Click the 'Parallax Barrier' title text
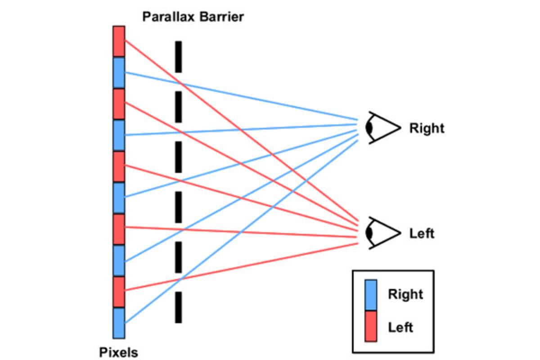[193, 17]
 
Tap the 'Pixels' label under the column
[118, 351]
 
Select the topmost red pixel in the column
[119, 41]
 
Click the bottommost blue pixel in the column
[119, 323]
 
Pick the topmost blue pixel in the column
[119, 72]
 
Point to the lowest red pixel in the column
[119, 292]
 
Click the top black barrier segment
[178, 57]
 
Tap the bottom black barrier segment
[178, 307]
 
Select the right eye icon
[382, 128]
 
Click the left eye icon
[382, 233]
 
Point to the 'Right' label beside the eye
[426, 128]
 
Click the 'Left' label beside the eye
[422, 234]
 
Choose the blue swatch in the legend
[371, 295]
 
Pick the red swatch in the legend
[371, 326]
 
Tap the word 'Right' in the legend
[405, 295]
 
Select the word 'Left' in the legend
[400, 327]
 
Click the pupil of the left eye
[369, 233]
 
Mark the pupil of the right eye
[369, 128]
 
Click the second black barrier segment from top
[178, 107]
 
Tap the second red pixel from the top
[119, 104]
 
